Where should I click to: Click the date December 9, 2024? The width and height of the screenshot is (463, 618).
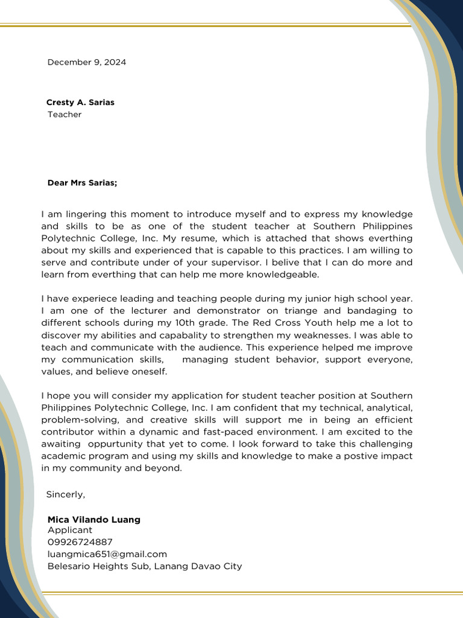(x=87, y=62)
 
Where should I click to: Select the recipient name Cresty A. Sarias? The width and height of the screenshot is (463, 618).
(x=80, y=102)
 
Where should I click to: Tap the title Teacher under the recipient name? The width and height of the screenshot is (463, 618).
(x=65, y=114)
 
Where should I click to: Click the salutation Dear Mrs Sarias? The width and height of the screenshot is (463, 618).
(x=82, y=182)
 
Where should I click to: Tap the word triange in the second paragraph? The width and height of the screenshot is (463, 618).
(x=309, y=311)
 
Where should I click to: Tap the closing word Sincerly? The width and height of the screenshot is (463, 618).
(x=66, y=494)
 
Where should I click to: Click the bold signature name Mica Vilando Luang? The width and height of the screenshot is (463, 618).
(x=94, y=520)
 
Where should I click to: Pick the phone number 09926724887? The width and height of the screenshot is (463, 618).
(x=80, y=542)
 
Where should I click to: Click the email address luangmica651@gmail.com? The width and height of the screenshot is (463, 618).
(x=107, y=554)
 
